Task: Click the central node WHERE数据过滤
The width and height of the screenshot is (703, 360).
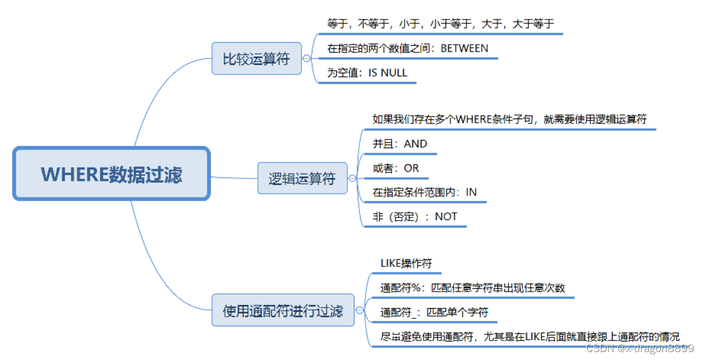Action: click(111, 174)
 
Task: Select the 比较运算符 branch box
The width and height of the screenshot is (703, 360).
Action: click(256, 59)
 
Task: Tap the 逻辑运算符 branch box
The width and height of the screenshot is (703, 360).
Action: click(302, 178)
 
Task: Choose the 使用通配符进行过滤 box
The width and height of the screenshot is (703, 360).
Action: click(283, 310)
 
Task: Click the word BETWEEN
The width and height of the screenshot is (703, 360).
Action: click(465, 48)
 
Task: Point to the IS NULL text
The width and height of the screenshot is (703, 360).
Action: click(388, 73)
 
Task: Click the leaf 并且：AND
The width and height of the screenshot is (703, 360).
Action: click(400, 144)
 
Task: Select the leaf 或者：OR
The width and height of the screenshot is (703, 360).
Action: click(396, 168)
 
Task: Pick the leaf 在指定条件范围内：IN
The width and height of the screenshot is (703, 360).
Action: click(424, 192)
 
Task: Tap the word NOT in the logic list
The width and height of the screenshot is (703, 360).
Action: click(446, 216)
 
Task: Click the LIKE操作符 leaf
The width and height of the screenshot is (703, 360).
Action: click(406, 263)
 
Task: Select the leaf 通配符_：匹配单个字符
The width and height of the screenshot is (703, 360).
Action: click(434, 312)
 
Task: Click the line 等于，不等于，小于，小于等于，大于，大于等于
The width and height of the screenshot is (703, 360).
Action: click(440, 24)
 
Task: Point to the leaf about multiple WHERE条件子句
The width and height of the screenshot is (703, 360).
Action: click(509, 120)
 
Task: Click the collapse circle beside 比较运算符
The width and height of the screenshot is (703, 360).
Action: click(307, 59)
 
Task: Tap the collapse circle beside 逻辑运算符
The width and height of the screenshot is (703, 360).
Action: click(352, 178)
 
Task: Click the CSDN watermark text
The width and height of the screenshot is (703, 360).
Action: click(639, 348)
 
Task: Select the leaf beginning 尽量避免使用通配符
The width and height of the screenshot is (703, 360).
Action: click(529, 337)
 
